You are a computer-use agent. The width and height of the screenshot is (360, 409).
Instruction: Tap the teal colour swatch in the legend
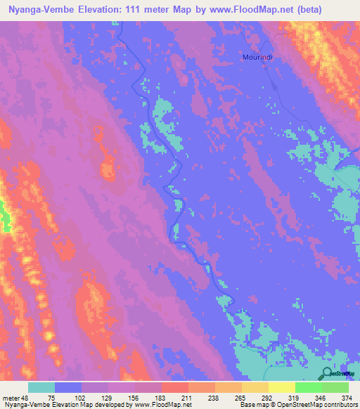click(x=41, y=388)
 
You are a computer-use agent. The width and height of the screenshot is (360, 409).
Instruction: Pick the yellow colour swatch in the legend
click(x=281, y=388)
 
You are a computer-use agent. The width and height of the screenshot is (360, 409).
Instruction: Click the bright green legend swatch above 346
click(x=308, y=388)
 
